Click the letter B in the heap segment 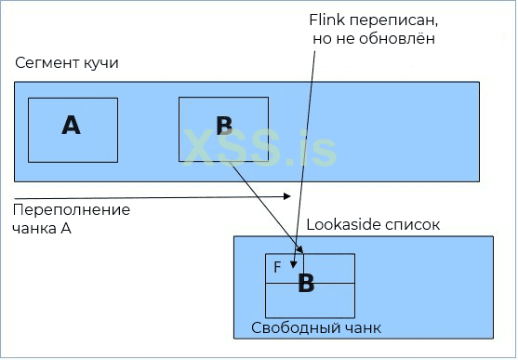pos(224,127)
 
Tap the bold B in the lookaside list pos(306,285)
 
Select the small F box pos(278,266)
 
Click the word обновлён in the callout pos(402,41)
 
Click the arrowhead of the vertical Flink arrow pos(298,248)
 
